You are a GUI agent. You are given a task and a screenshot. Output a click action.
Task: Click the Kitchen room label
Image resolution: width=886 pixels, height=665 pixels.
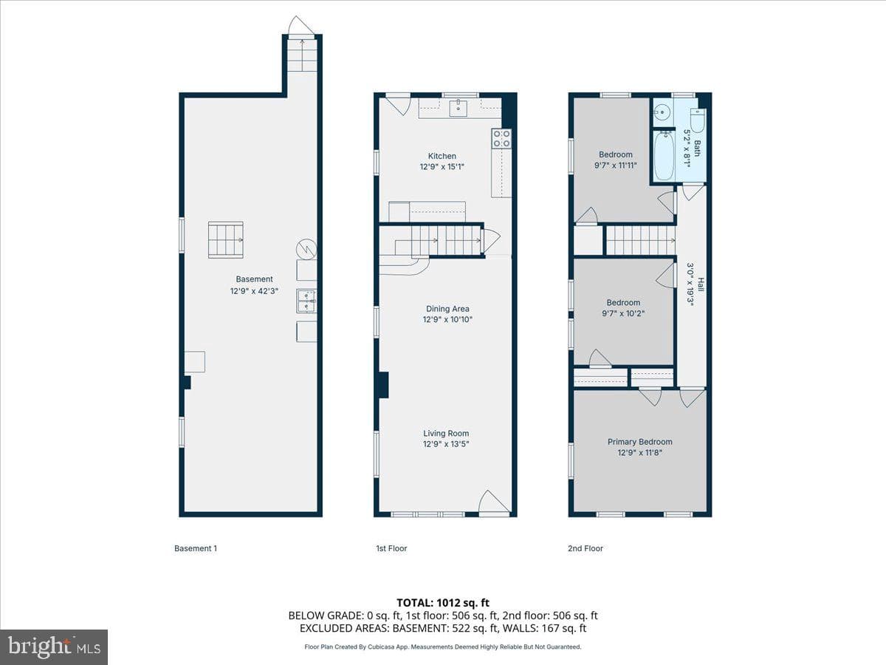[442, 156]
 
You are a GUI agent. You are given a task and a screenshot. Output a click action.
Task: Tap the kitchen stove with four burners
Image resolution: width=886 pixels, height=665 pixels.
[501, 138]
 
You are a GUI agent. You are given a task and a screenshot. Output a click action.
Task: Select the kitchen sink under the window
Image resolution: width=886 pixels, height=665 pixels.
[459, 109]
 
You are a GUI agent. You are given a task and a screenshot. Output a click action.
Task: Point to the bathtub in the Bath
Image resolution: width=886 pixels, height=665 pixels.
[664, 156]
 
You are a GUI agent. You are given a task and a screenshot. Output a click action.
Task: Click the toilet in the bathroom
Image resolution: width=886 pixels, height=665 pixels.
[697, 120]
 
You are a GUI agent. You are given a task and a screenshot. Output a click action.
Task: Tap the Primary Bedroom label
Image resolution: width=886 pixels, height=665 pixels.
[640, 442]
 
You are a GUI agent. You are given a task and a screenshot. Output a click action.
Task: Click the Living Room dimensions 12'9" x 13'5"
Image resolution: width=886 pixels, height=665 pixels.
[446, 444]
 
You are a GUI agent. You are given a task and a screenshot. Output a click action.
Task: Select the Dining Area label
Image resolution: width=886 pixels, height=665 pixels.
[447, 309]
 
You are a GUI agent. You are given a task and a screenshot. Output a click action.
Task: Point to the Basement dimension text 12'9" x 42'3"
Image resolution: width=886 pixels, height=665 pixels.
[254, 291]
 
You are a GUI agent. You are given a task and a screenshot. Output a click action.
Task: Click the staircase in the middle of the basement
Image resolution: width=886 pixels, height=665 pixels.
[226, 240]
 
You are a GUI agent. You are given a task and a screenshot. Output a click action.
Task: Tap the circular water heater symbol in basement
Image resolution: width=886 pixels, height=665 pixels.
[306, 249]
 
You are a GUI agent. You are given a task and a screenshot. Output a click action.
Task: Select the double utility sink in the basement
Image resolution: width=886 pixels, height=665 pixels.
[306, 301]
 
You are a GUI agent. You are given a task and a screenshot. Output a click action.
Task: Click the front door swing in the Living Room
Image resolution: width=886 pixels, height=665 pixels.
[493, 502]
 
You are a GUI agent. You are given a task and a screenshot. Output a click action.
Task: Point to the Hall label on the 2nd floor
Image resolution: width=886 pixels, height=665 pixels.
[701, 284]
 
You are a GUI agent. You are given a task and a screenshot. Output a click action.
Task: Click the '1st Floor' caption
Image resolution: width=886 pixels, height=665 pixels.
[391, 548]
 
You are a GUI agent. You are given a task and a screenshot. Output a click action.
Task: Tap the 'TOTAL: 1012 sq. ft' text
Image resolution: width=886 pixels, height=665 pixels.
[443, 603]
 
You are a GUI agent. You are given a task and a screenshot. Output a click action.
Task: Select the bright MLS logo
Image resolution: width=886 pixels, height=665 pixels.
[54, 647]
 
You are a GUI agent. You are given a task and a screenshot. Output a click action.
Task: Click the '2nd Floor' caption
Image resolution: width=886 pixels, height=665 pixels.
[585, 548]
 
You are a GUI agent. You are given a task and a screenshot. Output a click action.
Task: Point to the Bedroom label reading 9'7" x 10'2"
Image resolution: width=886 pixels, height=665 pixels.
[623, 308]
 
